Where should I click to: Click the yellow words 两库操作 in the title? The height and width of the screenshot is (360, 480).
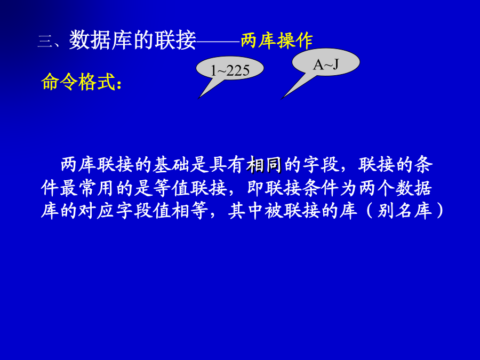(x=277, y=41)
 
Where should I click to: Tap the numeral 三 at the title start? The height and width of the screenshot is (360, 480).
(x=45, y=41)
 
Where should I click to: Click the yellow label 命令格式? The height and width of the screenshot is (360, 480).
(x=78, y=82)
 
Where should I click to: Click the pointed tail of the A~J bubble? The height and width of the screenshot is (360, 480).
(x=281, y=99)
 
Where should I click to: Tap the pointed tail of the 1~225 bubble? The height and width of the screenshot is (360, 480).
(x=198, y=99)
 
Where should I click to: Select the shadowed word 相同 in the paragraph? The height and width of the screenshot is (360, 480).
(x=265, y=165)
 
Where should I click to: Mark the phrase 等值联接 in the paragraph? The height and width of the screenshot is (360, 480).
(x=190, y=188)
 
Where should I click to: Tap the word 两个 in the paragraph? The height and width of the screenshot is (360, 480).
(x=377, y=188)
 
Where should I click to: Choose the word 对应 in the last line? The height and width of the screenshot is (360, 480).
(x=97, y=211)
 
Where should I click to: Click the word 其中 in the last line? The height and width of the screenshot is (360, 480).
(x=246, y=211)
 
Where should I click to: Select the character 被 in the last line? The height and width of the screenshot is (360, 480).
(x=274, y=211)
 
